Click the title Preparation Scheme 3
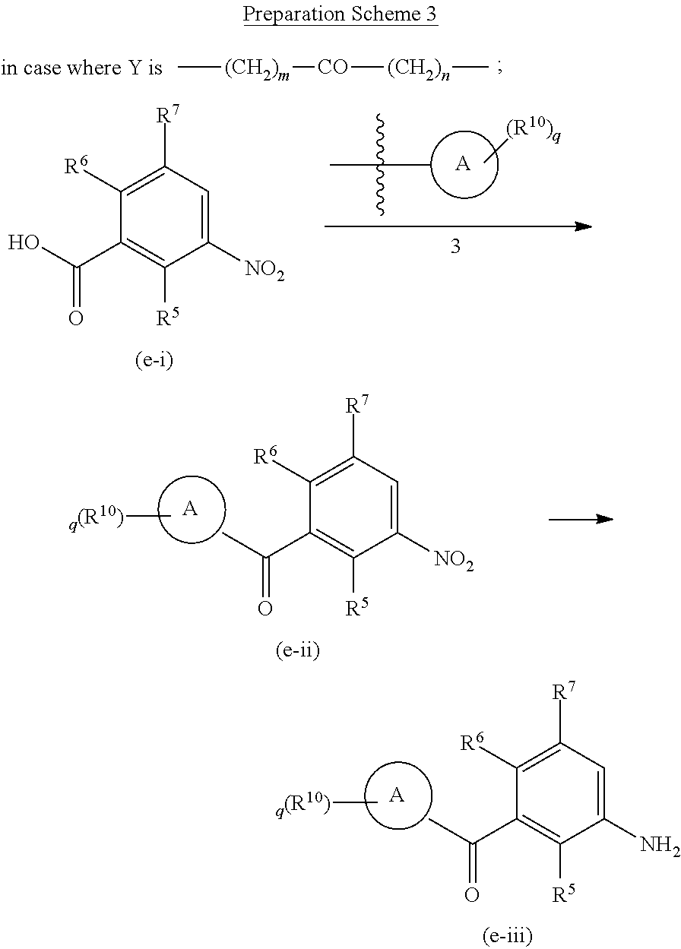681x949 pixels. [340, 15]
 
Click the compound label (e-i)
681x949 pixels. [154, 360]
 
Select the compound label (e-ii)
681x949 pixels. [297, 651]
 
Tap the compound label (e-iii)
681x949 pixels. [507, 937]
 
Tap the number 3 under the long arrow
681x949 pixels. [455, 248]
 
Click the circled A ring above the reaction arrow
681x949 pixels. [464, 165]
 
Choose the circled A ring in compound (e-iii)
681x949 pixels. [398, 796]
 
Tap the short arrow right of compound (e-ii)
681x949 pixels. [581, 519]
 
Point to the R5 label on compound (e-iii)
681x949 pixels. [563, 897]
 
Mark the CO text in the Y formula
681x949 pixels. [332, 68]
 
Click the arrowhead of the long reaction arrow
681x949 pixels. [584, 226]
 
